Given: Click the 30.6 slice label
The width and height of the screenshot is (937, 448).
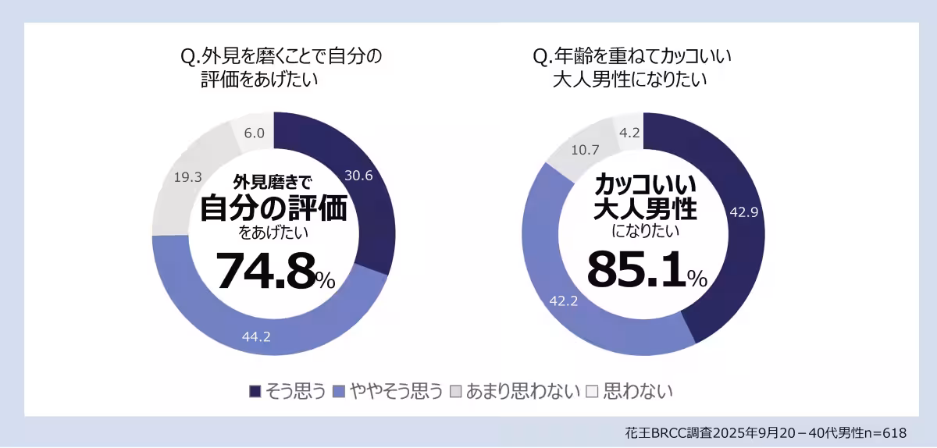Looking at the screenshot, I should (358, 176).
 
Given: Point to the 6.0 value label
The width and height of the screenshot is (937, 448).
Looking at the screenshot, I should (254, 133).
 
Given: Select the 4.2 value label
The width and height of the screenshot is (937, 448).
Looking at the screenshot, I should (629, 133).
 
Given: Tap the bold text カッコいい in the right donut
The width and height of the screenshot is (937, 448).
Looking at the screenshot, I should (645, 184).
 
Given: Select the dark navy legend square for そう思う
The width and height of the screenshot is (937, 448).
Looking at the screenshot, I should (255, 391).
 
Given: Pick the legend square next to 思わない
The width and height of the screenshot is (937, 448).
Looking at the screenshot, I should (592, 391).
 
